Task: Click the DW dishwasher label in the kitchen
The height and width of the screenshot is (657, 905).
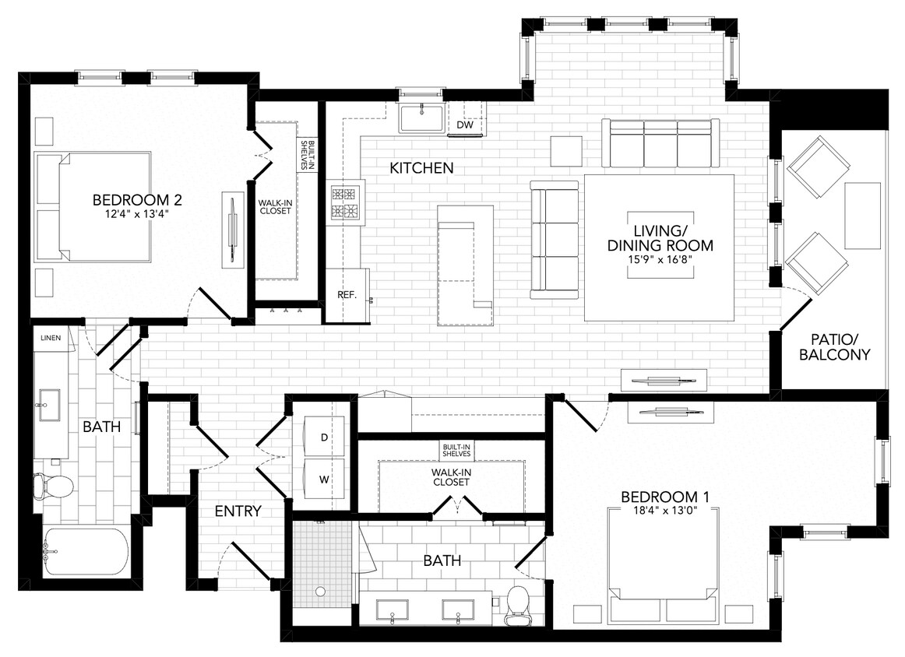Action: pyautogui.click(x=465, y=125)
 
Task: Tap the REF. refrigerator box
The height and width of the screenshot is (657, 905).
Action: pyautogui.click(x=346, y=295)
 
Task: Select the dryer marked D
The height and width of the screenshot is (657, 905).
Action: pyautogui.click(x=324, y=437)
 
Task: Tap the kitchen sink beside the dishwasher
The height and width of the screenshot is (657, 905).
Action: pyautogui.click(x=421, y=118)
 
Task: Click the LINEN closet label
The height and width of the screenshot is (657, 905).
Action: pyautogui.click(x=51, y=338)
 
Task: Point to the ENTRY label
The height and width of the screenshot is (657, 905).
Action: pyautogui.click(x=238, y=511)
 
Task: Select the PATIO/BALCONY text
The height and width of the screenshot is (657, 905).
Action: pyautogui.click(x=840, y=347)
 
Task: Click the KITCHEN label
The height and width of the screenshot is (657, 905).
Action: pyautogui.click(x=421, y=168)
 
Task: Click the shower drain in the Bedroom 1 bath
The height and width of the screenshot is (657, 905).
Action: pyautogui.click(x=319, y=592)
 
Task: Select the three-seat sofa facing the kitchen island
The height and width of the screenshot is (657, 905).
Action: pyautogui.click(x=554, y=238)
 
